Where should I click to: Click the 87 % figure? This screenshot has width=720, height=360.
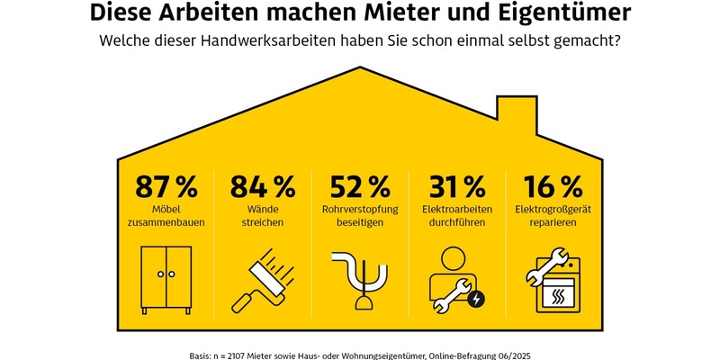pyautogui.click(x=166, y=187)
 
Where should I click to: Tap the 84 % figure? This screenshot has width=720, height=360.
pyautogui.click(x=262, y=187)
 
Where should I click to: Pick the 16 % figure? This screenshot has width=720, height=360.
pyautogui.click(x=553, y=187)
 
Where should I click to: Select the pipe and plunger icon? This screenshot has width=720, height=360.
pyautogui.click(x=359, y=281)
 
